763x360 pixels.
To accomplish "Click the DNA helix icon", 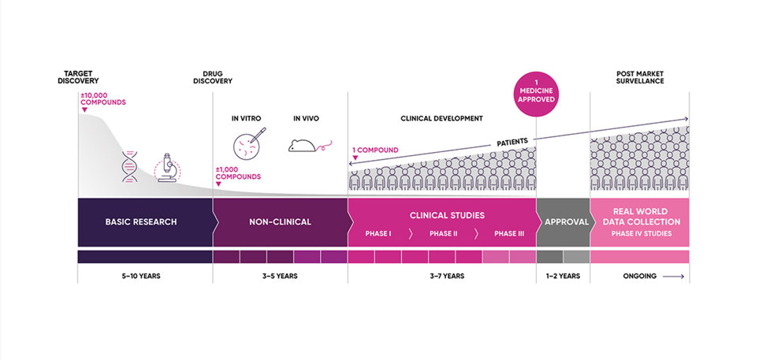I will tap(129, 166).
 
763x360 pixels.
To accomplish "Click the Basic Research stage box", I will tap(141, 221).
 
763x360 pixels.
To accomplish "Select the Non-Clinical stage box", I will tap(279, 221).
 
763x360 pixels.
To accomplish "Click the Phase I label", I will tap(378, 234).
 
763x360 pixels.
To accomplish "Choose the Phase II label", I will tap(442, 234).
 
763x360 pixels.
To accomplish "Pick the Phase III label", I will tap(508, 234).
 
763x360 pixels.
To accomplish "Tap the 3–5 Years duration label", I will tap(279, 276).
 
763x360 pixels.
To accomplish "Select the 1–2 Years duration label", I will tap(563, 276).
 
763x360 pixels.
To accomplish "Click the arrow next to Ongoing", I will tap(672, 276).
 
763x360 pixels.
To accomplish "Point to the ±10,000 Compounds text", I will tap(103, 99).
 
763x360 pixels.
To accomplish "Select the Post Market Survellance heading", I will tap(639, 77).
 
